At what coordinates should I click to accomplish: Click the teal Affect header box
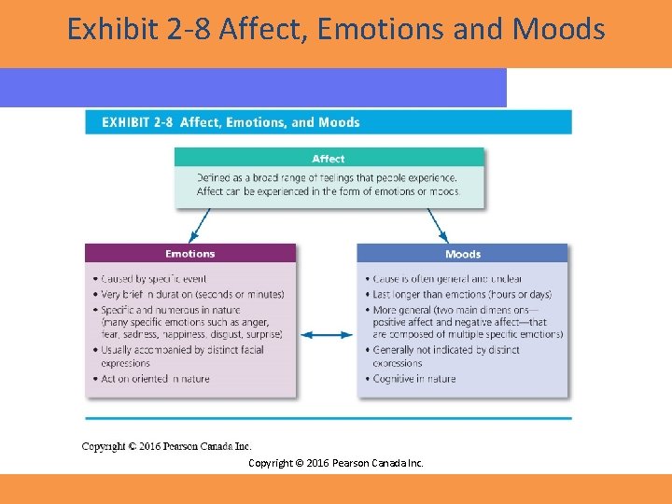pos(329,159)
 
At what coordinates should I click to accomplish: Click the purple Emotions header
pos(189,254)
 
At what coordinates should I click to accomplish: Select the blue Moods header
pos(462,254)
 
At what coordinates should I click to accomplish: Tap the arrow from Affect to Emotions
pos(199,225)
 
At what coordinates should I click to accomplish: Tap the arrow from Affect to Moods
pos(437,225)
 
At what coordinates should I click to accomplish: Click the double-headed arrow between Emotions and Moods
pos(327,334)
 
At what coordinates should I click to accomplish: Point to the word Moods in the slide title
pos(558,30)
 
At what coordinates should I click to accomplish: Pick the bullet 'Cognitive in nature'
pos(413,379)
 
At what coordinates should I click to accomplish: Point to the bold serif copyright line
pos(166,446)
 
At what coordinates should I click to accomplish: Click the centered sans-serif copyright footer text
pos(335,463)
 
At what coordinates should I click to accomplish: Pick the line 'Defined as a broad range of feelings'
pos(327,177)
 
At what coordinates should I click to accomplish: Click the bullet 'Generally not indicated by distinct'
pos(445,350)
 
